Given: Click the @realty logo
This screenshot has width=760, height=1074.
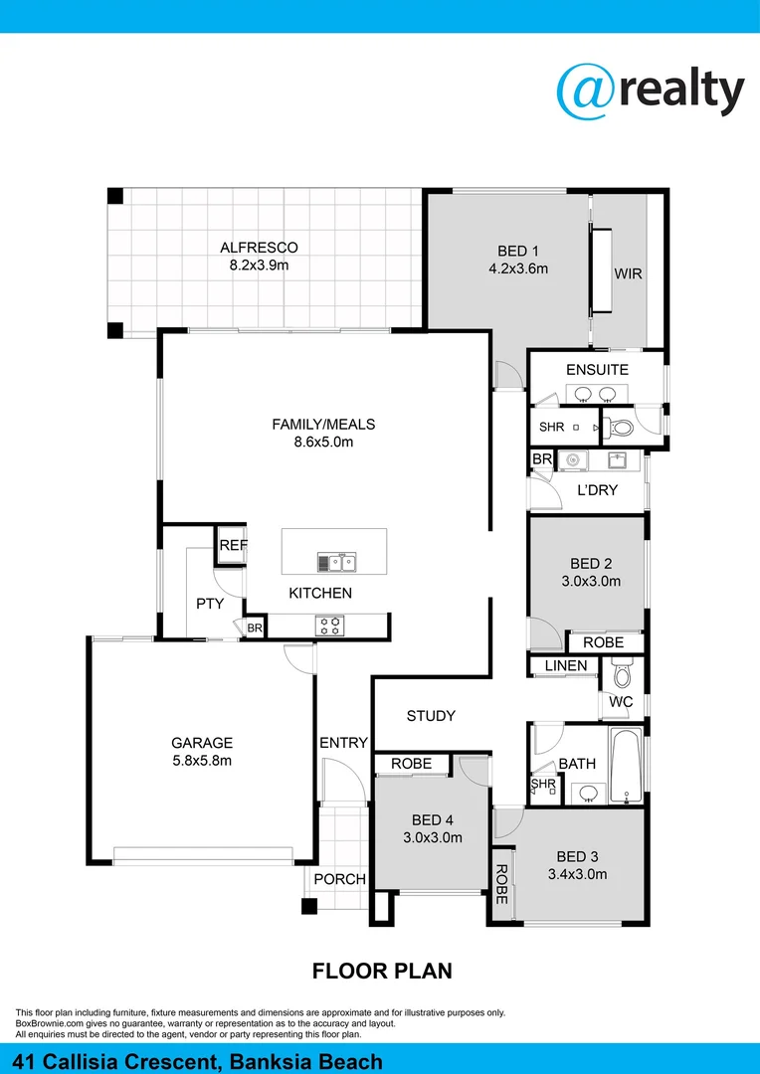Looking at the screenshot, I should click(650, 91).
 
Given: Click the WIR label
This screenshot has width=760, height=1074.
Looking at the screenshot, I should click(628, 272).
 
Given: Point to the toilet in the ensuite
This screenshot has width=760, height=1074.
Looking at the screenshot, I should click(621, 429).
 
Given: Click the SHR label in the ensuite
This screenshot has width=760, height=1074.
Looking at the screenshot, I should click(551, 428).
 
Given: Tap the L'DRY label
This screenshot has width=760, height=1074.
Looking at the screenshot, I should click(598, 489).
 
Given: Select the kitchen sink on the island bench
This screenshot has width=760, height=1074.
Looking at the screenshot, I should click(337, 563).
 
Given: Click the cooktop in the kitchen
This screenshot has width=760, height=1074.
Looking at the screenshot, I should click(329, 626).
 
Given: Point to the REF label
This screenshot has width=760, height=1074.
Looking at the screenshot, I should click(232, 546).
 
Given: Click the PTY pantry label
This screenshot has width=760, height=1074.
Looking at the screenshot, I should click(210, 604).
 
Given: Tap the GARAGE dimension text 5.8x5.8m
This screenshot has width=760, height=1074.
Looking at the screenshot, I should click(202, 761).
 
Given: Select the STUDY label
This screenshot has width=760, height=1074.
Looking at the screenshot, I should click(431, 716).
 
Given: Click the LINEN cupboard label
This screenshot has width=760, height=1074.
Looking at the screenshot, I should click(564, 665).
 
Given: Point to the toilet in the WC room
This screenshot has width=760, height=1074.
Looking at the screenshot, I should click(623, 675).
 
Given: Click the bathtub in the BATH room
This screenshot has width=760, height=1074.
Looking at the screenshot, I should click(625, 766).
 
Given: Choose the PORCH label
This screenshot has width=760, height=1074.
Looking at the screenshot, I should click(339, 879).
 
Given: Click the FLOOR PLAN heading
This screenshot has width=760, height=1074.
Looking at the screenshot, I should click(383, 970).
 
